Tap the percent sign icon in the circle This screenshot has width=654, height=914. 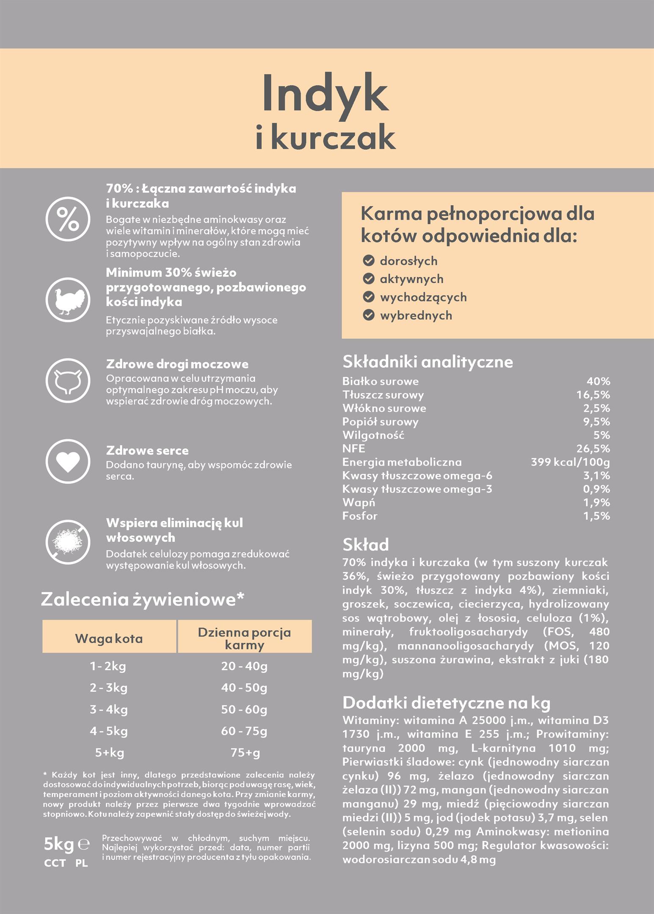coord(68,219)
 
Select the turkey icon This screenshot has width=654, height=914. coord(68,300)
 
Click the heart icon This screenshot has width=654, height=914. coord(68,461)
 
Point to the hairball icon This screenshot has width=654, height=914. coord(68,542)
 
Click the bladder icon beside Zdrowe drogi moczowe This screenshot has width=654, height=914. coord(68,380)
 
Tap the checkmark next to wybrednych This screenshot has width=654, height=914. coord(369,315)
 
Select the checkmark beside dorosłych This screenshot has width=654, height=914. coord(369,261)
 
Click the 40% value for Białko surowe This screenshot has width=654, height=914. coord(598,381)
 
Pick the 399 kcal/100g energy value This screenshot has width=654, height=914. coord(570,462)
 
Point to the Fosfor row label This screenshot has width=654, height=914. coord(360,516)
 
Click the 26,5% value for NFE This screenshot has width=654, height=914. coord(593,449)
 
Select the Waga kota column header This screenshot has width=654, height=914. coord(109,639)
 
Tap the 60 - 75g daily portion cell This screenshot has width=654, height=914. coord(244,731)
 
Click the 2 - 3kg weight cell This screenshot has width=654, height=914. coord(109,688)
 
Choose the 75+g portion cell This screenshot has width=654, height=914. coord(245,752)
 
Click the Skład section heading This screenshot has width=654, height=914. coord(366,545)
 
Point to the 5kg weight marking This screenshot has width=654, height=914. coord(59,844)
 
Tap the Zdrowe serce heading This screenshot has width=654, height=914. coord(147,450)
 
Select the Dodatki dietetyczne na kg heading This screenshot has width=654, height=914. coord(446,703)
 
